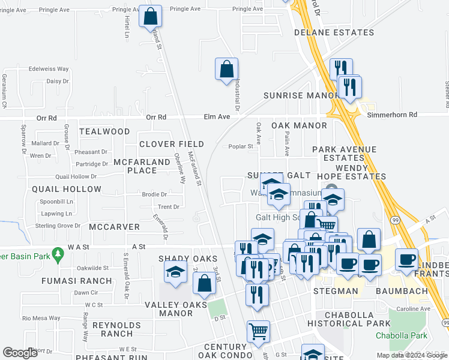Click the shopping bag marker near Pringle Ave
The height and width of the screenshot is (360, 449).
150,16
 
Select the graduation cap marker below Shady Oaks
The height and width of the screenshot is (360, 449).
175,274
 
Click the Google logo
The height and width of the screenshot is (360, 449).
20,353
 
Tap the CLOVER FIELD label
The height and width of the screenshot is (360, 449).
172,145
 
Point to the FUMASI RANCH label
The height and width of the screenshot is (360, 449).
76,281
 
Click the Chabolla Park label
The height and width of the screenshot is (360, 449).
402,335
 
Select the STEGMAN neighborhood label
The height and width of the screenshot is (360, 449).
336,291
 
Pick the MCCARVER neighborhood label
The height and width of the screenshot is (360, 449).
114,227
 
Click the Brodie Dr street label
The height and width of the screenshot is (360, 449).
154,194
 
